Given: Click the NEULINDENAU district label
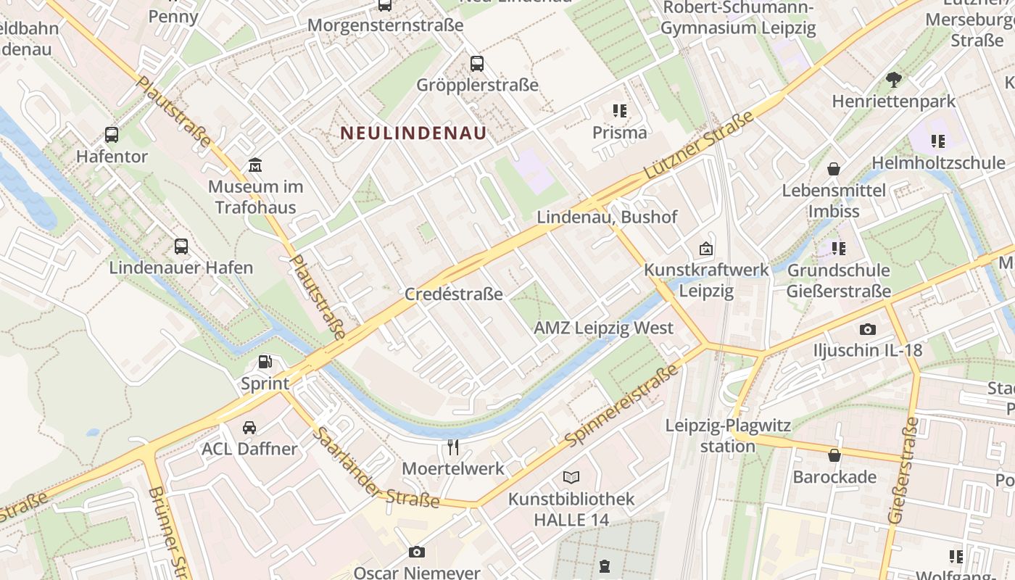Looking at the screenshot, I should point(413,133).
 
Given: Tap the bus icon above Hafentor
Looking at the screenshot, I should point(112,135).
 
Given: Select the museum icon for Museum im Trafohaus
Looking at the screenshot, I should point(254,165).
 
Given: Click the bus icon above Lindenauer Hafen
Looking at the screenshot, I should point(181,246).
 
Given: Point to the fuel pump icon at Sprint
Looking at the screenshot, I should point(266,362).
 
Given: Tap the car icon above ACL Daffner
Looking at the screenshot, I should point(249,427).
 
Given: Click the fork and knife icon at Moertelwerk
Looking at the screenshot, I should point(453,447).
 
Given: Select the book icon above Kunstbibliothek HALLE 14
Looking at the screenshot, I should point(571,477).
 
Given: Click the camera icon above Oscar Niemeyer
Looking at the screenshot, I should point(416,552).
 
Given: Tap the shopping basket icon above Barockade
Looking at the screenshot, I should point(834,455).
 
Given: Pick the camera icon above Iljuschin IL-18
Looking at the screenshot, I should point(868,329).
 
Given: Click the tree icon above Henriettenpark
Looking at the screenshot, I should point(894,79).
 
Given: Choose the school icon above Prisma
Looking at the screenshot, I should point(619,111).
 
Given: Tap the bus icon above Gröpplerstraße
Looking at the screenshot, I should point(477,63).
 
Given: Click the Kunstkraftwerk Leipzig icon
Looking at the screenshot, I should point(705,249).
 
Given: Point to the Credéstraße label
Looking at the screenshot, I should point(453,294).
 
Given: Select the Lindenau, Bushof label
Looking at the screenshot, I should point(607,217).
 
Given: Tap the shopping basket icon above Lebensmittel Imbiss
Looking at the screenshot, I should point(834,169).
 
